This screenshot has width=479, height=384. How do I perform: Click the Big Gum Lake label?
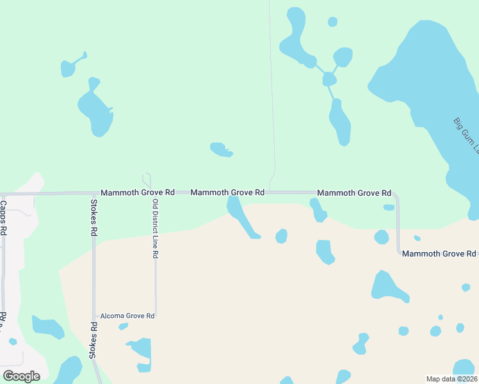tap(466, 134)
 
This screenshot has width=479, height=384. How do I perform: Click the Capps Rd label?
tap(3, 218)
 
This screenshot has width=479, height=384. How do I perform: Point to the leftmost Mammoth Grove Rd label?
tap(138, 192)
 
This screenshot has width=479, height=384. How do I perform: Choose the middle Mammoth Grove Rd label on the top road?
tap(227, 192)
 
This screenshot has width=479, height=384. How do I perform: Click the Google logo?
tap(21, 376)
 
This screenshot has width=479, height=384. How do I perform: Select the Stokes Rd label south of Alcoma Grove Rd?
tap(93, 340)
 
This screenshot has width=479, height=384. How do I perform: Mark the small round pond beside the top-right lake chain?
tap(332, 22)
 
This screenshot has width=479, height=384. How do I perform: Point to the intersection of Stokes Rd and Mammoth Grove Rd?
tap(93, 193)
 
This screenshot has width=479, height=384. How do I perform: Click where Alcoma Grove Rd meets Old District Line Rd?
tap(156, 316)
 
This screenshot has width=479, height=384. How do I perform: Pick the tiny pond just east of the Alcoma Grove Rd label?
tap(124, 326)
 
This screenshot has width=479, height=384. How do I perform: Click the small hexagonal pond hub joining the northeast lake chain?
tap(329, 79)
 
